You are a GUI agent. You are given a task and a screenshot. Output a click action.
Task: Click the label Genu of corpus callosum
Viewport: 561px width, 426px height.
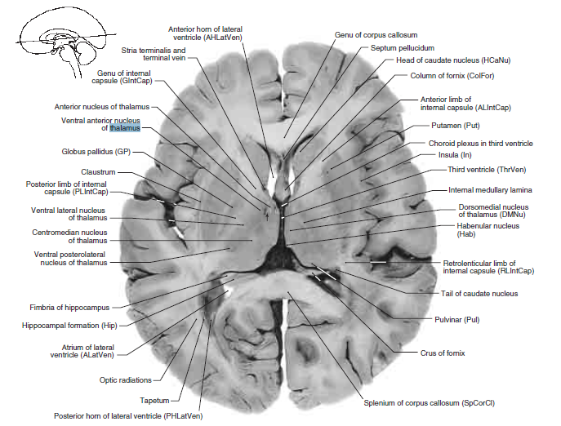tap(376, 36)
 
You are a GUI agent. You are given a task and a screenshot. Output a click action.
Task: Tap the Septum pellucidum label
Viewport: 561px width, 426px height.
tap(402, 48)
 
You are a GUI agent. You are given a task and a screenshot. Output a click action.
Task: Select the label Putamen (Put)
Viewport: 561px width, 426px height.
tap(460, 126)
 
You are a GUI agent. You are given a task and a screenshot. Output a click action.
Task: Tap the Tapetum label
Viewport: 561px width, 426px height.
tap(154, 400)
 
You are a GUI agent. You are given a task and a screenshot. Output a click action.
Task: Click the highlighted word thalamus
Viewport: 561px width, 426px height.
tap(127, 128)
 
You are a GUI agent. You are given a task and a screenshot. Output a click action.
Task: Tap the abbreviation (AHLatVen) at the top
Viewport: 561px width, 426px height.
tap(216, 38)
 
